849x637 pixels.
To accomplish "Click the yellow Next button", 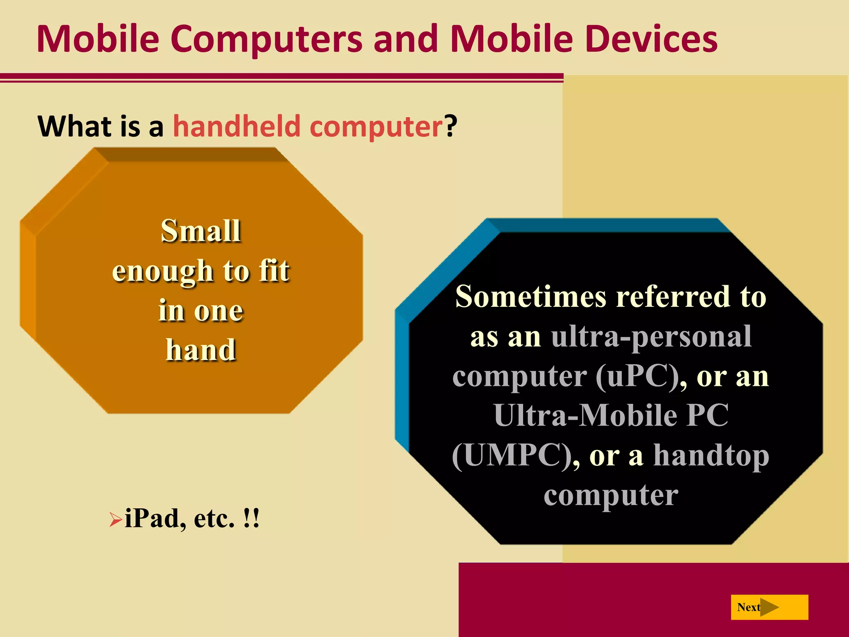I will [769, 607].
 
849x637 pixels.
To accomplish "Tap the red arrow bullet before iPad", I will [115, 519].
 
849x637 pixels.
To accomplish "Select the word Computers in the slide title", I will [266, 39].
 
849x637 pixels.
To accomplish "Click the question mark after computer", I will [451, 126].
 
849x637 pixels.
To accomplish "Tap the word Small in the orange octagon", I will [201, 231].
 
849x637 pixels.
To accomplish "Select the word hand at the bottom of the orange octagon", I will [201, 350].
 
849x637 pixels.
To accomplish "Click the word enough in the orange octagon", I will [163, 271].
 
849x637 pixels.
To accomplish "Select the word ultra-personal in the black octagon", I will [651, 337].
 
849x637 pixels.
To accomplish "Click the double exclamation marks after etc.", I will [252, 518].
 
